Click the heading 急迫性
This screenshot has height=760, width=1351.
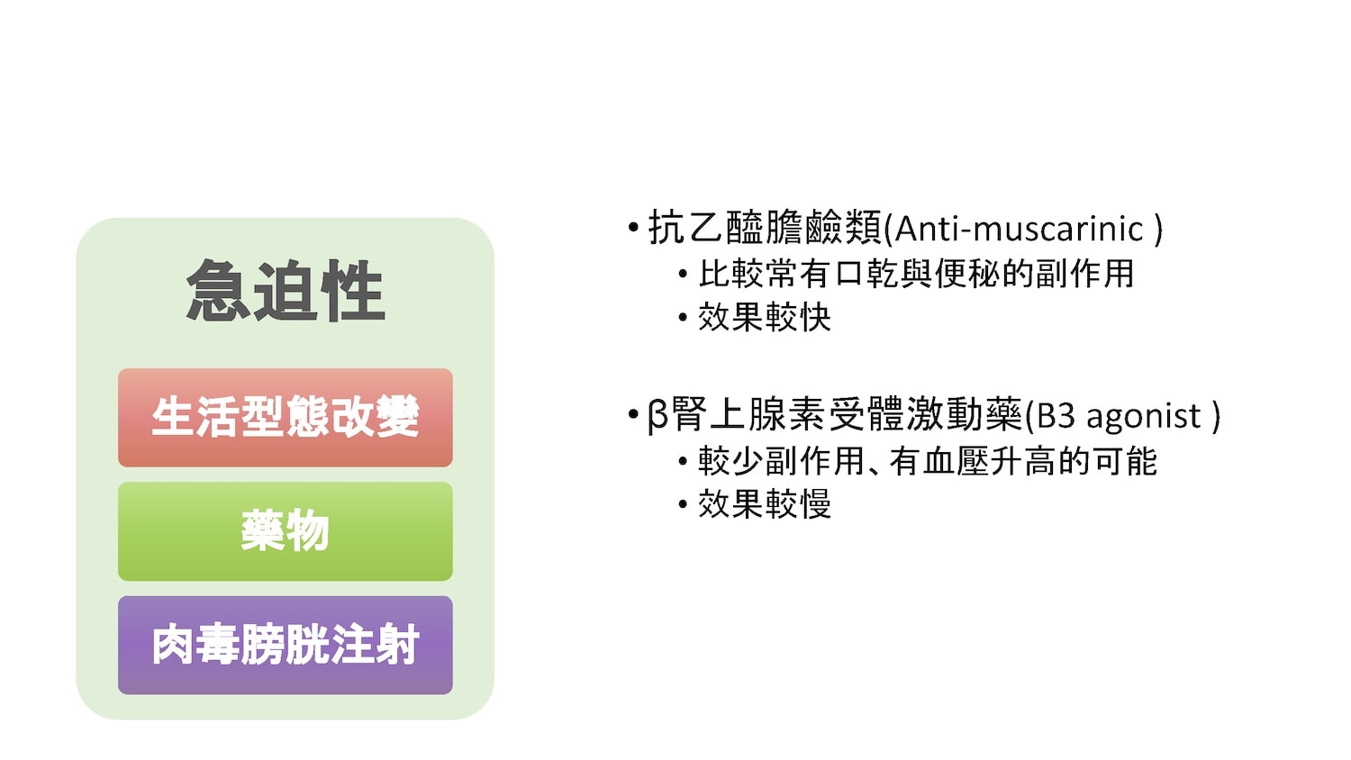tap(286, 291)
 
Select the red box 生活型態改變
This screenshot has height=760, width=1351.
tap(286, 418)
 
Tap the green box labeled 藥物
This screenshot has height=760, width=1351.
tap(286, 531)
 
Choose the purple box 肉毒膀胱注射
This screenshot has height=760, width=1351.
tap(286, 645)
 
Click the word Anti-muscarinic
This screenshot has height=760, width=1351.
tap(1019, 230)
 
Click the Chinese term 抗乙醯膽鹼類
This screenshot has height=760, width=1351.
tap(765, 228)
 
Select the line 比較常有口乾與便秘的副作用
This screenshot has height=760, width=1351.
tap(916, 274)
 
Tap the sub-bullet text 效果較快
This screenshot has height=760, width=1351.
tap(765, 317)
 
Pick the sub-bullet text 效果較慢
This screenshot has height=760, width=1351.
tap(765, 504)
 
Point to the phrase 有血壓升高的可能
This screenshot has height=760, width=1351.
tap(1023, 461)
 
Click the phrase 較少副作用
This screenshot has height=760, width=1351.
tap(782, 461)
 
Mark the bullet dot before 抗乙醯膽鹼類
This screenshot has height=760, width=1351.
tap(632, 228)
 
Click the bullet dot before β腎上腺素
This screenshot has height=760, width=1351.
tap(632, 415)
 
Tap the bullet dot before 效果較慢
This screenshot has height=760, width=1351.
tap(683, 504)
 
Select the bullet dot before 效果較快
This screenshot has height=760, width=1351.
tap(683, 317)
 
